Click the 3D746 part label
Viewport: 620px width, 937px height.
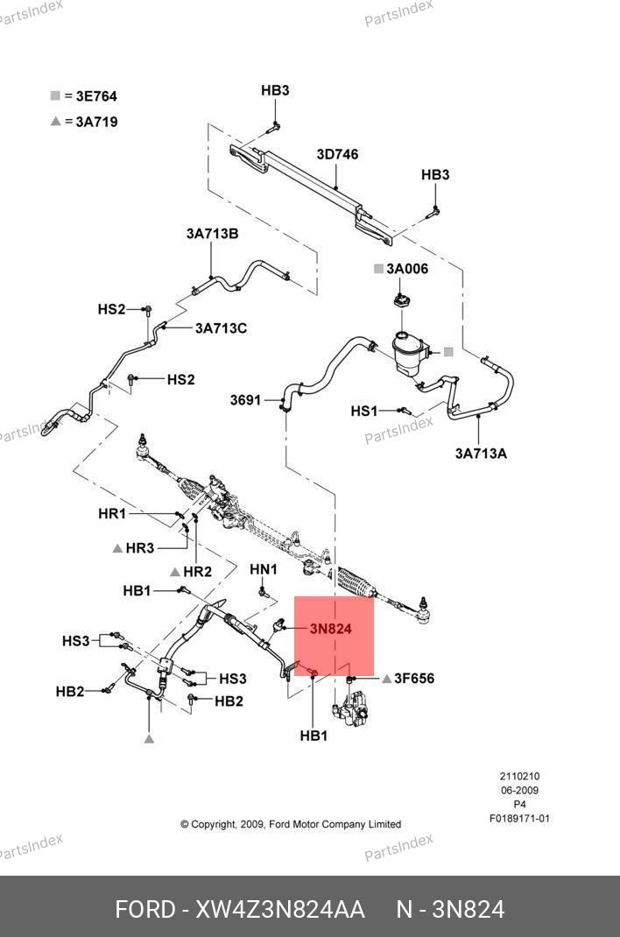[337, 155]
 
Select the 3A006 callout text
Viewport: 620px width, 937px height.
[407, 269]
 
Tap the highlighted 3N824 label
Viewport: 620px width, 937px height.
[330, 629]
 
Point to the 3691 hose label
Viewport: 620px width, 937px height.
[245, 400]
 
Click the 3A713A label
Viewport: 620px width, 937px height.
[481, 454]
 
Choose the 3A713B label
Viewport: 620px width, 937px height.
[212, 234]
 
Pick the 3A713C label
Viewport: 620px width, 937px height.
[221, 328]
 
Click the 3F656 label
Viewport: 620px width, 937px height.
[414, 678]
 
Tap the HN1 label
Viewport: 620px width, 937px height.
[264, 569]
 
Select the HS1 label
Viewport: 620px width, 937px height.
[364, 411]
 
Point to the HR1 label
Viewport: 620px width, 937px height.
[112, 514]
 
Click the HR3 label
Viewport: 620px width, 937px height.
[140, 548]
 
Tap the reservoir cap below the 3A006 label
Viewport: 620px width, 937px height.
[399, 303]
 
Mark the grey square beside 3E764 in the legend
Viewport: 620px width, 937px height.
[55, 95]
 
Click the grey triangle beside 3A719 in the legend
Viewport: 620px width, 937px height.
[55, 122]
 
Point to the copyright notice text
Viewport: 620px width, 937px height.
[291, 824]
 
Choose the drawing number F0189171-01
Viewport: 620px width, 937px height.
[519, 819]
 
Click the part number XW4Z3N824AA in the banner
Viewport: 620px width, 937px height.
[280, 910]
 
